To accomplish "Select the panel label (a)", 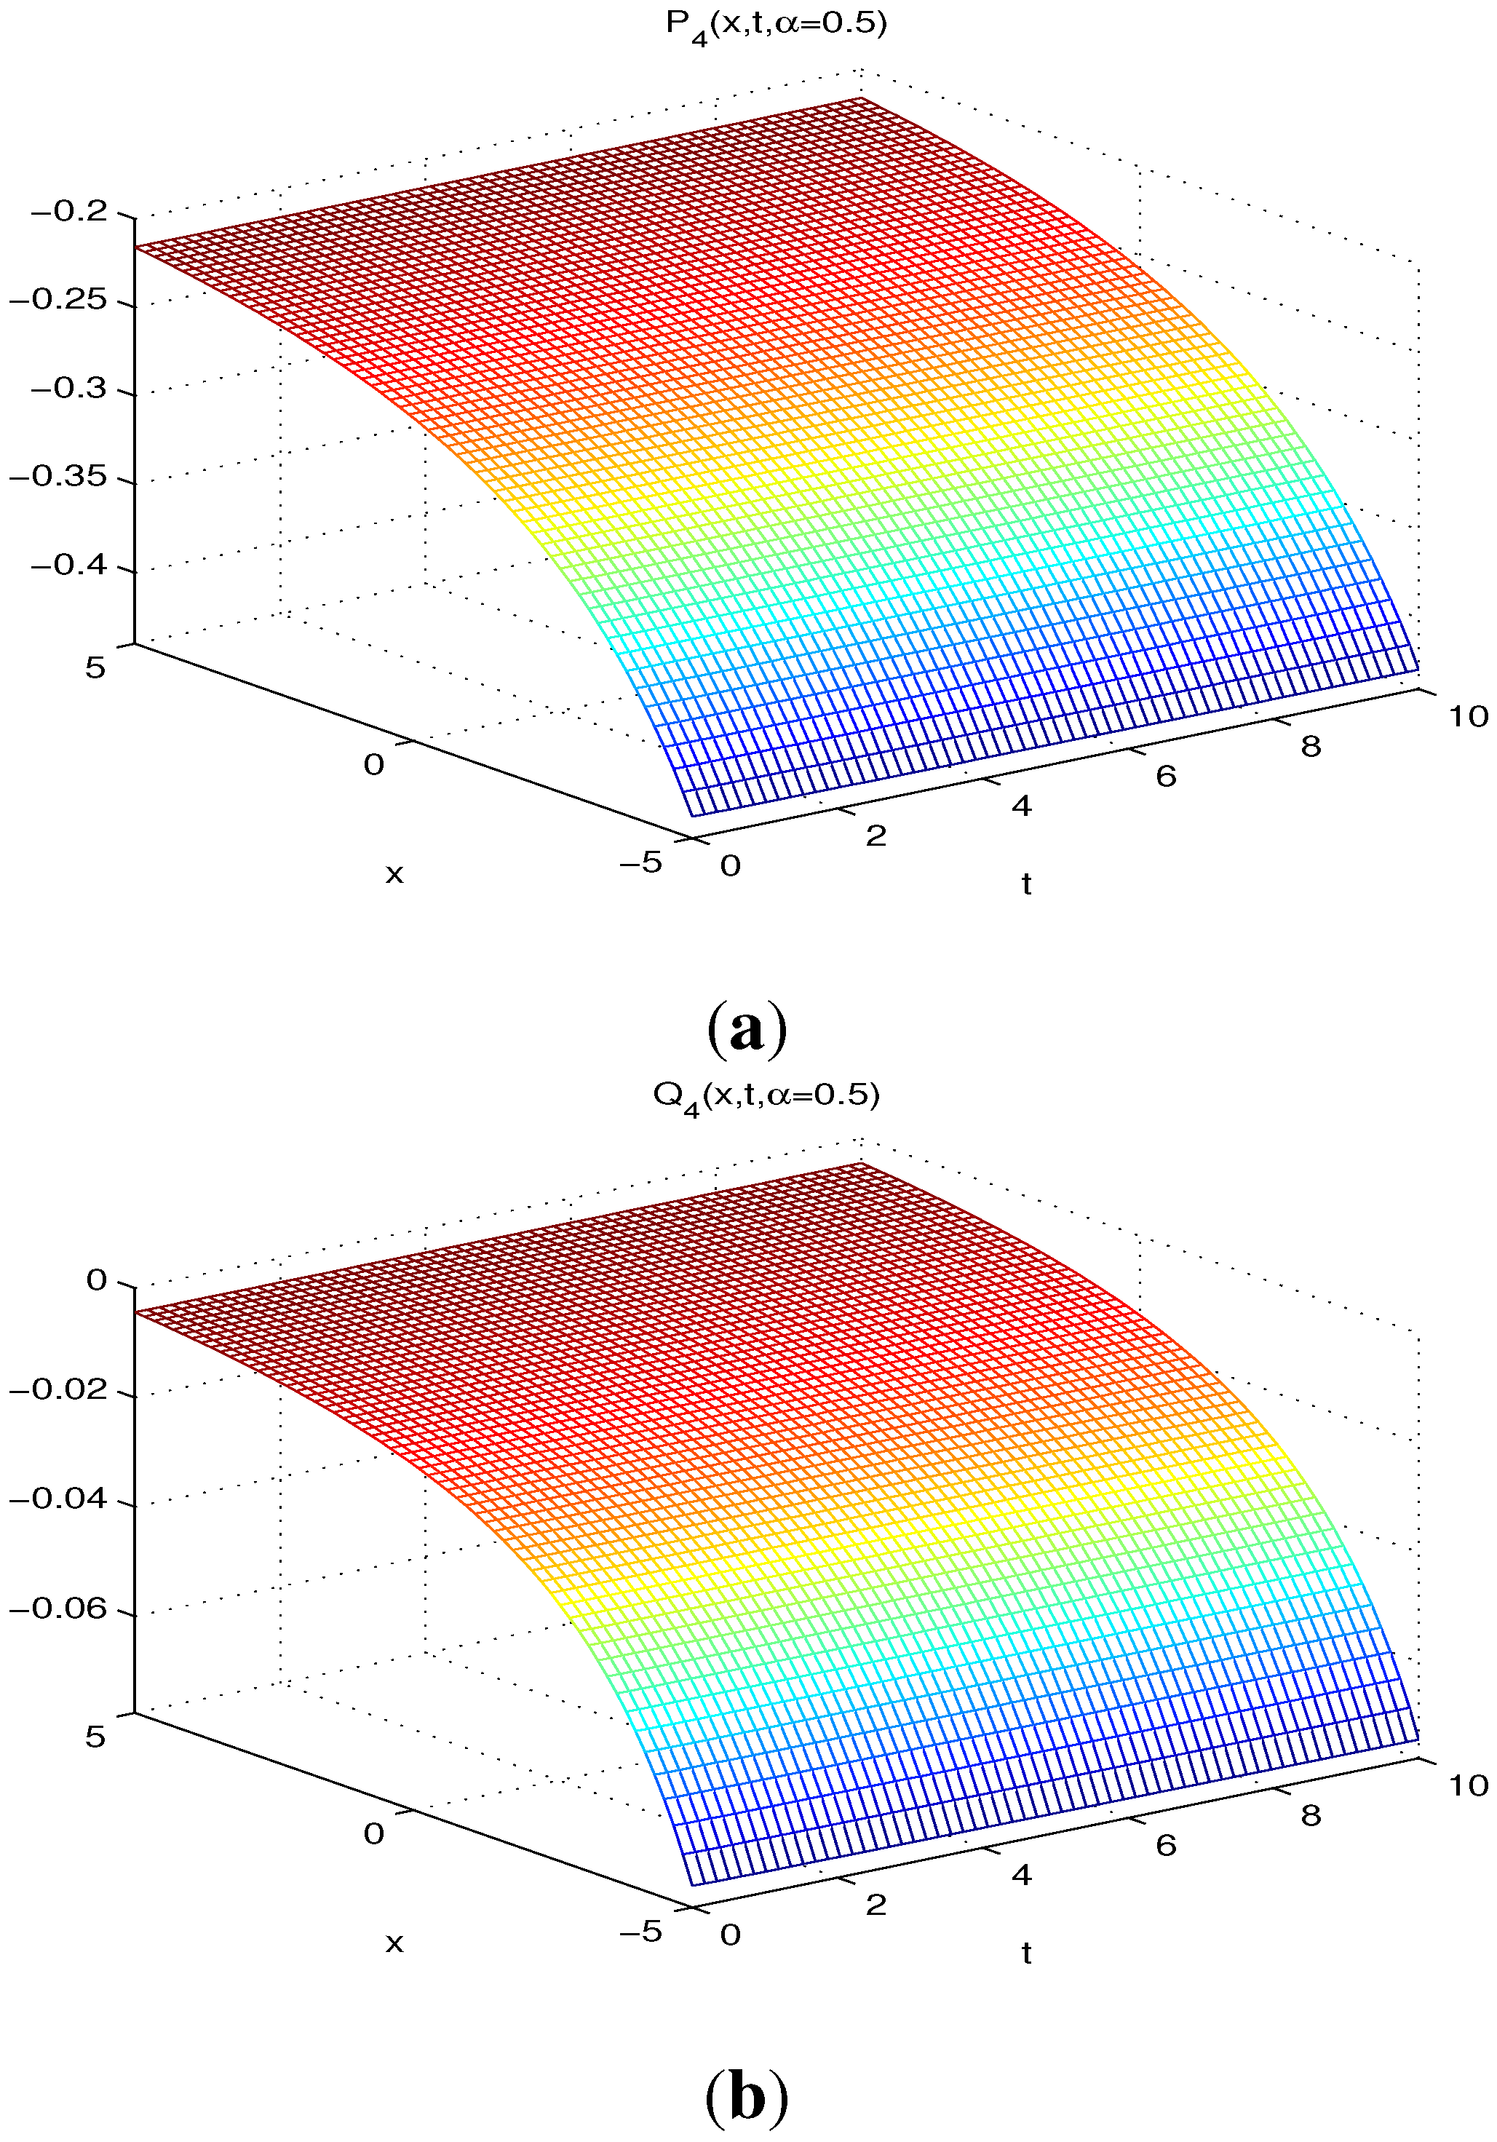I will click(x=747, y=1029).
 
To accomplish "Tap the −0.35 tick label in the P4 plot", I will click(x=57, y=477).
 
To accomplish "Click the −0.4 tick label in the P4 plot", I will click(x=70, y=566).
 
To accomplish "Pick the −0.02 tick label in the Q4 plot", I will click(x=57, y=1389).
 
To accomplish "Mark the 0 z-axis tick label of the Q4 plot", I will click(x=96, y=1280).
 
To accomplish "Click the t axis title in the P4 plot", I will click(x=1026, y=884).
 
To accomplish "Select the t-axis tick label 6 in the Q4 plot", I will click(x=1166, y=1845).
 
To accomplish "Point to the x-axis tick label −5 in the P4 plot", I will click(x=640, y=862).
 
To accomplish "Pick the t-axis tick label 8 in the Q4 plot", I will click(x=1311, y=1815).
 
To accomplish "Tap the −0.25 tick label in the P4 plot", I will click(x=57, y=299).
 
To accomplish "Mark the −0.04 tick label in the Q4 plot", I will click(x=57, y=1499).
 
